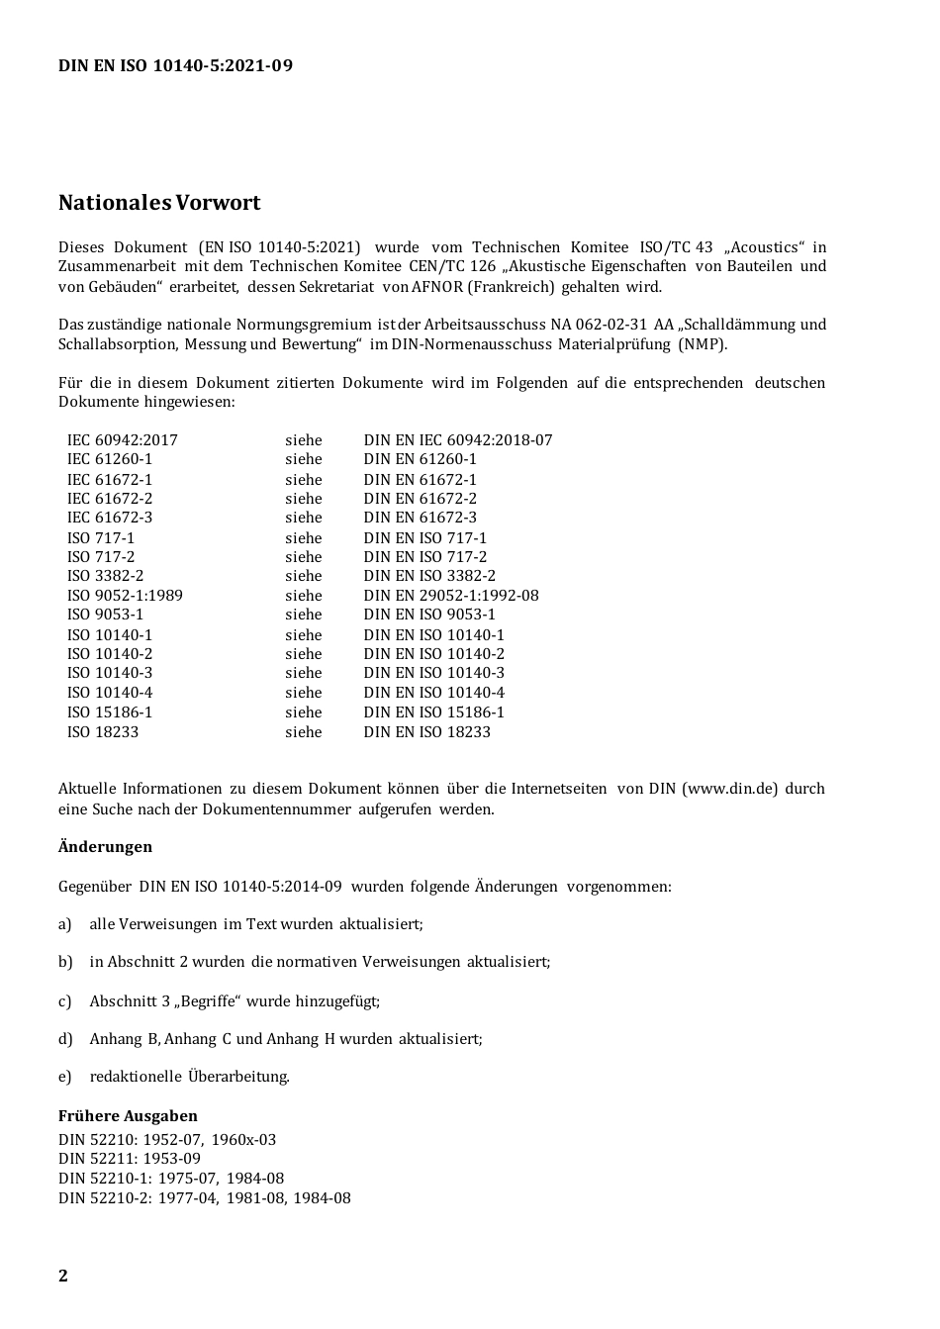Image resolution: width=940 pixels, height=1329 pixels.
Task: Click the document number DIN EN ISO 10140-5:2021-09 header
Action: (x=175, y=66)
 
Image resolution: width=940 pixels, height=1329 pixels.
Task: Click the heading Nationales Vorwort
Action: (x=159, y=203)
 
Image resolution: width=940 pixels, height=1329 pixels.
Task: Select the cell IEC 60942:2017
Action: (x=122, y=440)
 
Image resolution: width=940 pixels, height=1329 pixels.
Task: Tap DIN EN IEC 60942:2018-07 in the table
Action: (x=457, y=440)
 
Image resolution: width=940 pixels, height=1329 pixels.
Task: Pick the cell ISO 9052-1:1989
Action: (x=125, y=596)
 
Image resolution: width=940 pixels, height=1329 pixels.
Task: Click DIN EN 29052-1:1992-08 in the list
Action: (x=450, y=596)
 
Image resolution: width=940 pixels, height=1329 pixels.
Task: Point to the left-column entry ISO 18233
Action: (x=103, y=732)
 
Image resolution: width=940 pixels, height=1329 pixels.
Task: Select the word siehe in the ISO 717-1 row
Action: (x=303, y=538)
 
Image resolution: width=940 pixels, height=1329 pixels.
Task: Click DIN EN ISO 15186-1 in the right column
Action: (x=433, y=712)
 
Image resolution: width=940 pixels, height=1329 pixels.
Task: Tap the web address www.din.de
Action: (x=729, y=789)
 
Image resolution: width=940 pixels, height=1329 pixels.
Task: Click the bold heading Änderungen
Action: (x=105, y=847)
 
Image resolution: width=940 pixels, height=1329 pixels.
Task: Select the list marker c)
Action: (x=65, y=1001)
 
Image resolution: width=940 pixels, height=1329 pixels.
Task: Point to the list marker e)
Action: (x=65, y=1077)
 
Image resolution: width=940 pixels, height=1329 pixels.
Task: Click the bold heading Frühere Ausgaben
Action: (x=128, y=1116)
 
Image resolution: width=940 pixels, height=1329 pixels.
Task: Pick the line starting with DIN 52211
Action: (x=129, y=1159)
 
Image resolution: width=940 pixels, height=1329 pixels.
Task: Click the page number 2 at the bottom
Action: (x=63, y=1276)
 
